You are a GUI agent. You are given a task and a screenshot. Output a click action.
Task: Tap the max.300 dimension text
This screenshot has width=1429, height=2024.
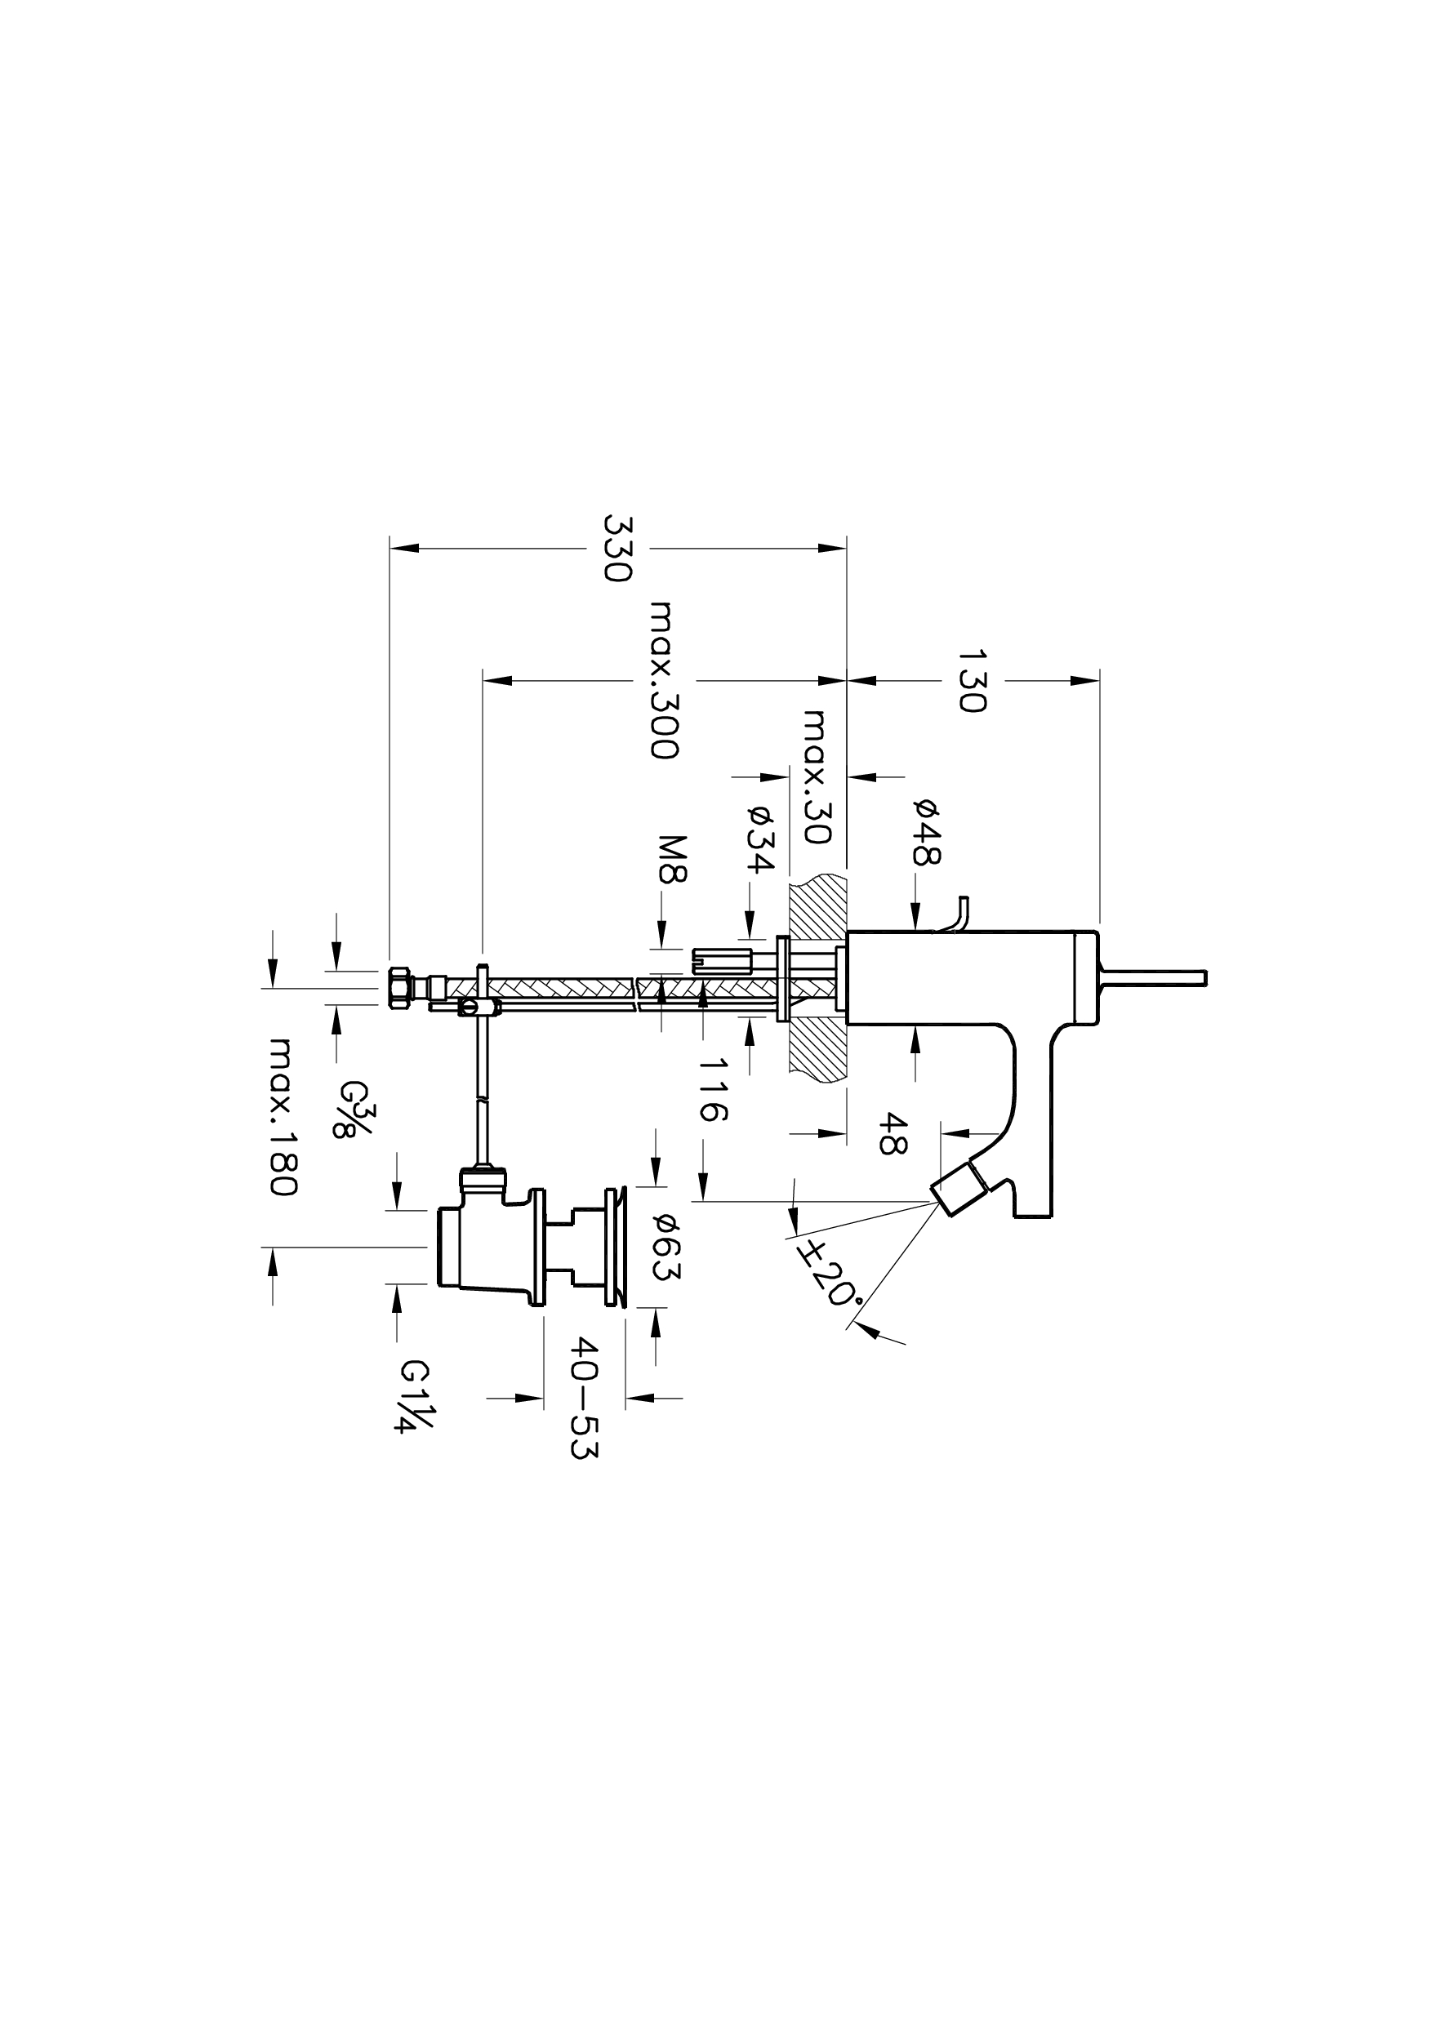663,679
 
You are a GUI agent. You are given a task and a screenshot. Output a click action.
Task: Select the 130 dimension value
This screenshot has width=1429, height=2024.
972,681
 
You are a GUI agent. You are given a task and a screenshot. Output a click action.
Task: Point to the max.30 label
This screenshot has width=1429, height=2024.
818,776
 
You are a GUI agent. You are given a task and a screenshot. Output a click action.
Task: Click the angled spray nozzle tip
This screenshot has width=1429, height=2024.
959,1190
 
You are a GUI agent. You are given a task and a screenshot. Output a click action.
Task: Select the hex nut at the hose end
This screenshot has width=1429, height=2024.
399,988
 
